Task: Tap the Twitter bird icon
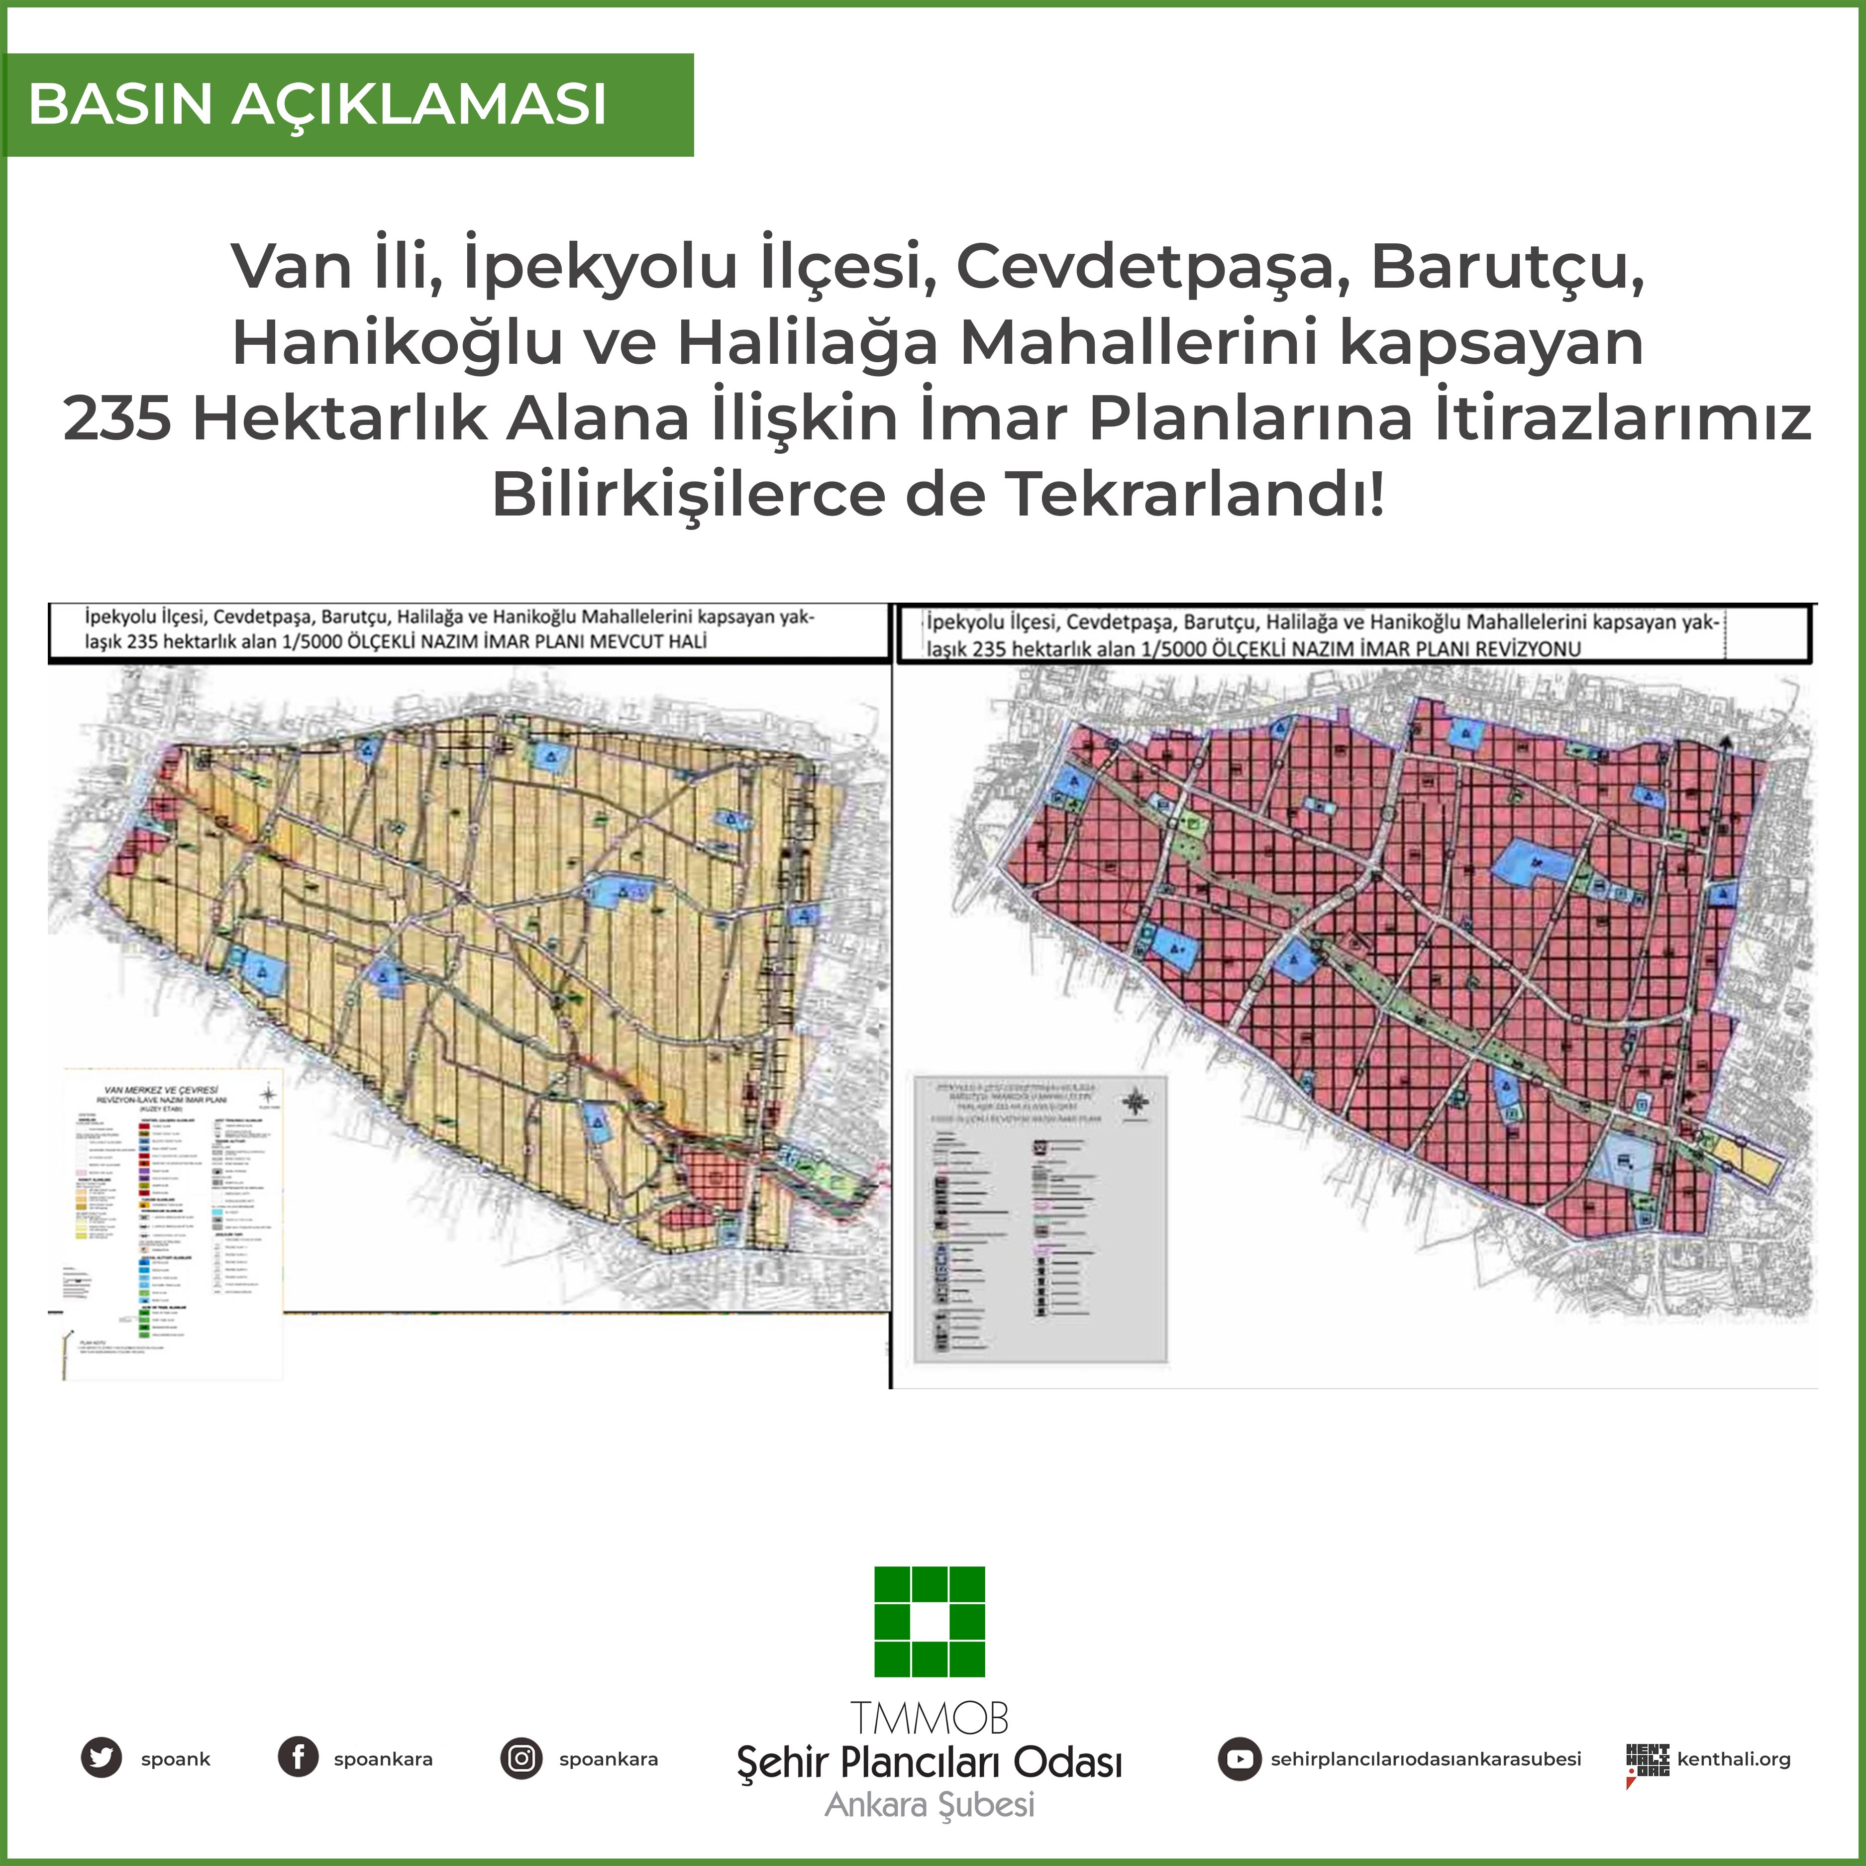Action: tap(102, 1758)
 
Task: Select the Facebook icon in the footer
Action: tap(299, 1758)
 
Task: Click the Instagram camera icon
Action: tap(521, 1758)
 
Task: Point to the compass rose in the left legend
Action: tap(269, 1094)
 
